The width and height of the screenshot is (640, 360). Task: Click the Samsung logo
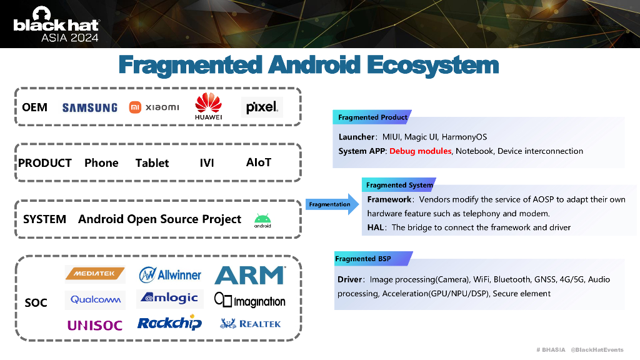[x=89, y=107]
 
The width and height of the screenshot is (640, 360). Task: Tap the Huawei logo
[x=208, y=106]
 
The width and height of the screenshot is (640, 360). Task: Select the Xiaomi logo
[x=154, y=107]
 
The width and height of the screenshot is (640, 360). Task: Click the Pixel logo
[x=262, y=107]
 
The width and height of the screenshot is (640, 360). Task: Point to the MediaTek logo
[x=95, y=274]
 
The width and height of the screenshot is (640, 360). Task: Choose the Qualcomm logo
[x=95, y=299]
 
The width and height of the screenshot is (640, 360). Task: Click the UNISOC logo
[x=95, y=324]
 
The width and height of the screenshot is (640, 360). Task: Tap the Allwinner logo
[x=170, y=274]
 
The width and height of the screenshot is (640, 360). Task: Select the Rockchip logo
[x=169, y=323]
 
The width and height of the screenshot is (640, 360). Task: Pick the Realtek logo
[x=251, y=324]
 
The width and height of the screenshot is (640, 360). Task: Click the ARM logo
[x=250, y=275]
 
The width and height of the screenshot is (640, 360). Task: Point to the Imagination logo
[x=250, y=301]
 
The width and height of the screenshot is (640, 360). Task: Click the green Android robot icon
[x=262, y=220]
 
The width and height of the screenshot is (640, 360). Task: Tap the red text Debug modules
[x=420, y=151]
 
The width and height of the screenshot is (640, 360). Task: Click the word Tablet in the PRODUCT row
[x=152, y=163]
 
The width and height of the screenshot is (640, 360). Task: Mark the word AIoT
[x=259, y=162]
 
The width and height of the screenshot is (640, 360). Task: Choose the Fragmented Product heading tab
[x=372, y=117]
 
